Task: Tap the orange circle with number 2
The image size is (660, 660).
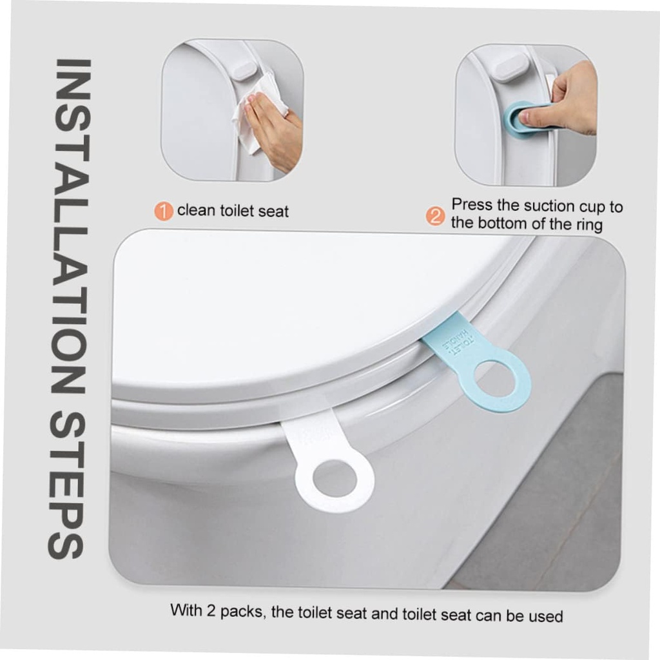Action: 437,216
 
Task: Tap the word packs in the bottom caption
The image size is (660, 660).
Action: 242,612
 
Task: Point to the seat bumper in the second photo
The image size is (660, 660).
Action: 509,66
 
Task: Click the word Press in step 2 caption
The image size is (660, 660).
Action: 469,206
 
